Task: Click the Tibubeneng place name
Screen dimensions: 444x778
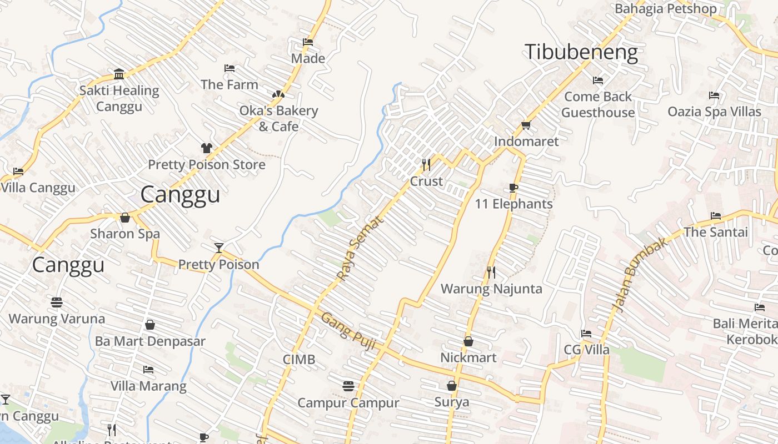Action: (581, 52)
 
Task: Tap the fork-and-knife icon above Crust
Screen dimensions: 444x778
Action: (426, 164)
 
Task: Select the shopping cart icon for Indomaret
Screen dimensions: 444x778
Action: (526, 125)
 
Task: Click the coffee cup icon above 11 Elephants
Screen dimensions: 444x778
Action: (513, 188)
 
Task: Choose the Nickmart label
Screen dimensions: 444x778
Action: (468, 357)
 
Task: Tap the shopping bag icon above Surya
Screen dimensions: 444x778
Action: (451, 385)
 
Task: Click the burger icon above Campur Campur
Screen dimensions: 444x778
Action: (348, 386)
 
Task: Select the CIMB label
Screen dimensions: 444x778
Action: (299, 360)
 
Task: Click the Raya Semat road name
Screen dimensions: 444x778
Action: (360, 248)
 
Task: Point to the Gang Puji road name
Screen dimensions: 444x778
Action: (349, 332)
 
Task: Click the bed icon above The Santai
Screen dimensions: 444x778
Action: (716, 215)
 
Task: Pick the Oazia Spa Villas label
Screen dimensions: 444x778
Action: (714, 112)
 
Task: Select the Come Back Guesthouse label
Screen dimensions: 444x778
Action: (598, 104)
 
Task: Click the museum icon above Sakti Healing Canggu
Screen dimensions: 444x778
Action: (119, 74)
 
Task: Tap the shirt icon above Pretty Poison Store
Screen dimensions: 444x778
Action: (207, 148)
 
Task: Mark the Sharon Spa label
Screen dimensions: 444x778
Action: (125, 234)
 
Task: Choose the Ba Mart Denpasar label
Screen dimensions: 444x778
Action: (150, 341)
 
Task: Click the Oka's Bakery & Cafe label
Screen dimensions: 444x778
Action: (278, 118)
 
